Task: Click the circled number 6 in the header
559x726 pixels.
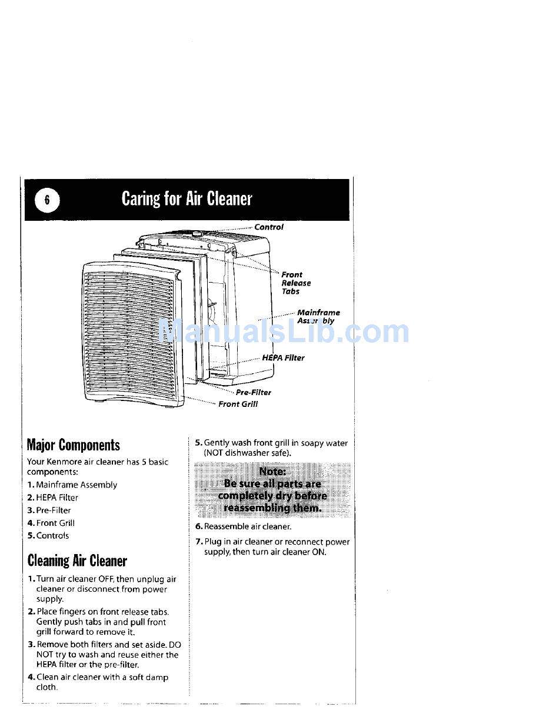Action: pyautogui.click(x=48, y=200)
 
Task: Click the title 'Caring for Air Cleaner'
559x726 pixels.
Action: pyautogui.click(x=187, y=199)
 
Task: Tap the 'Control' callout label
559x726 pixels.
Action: pyautogui.click(x=269, y=227)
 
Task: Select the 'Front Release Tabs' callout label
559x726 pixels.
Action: pyautogui.click(x=295, y=283)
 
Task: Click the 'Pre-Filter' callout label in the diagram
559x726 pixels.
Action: pyautogui.click(x=254, y=393)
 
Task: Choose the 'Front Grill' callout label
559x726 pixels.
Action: pyautogui.click(x=238, y=405)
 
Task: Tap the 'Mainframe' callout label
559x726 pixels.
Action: pyautogui.click(x=318, y=313)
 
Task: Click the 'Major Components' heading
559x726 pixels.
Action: pyautogui.click(x=74, y=445)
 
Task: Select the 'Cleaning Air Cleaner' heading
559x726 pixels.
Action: pyautogui.click(x=77, y=561)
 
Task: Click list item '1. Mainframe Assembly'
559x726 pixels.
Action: pyautogui.click(x=72, y=485)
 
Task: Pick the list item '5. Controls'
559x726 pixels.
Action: pyautogui.click(x=48, y=536)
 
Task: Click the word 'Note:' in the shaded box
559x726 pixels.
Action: pyautogui.click(x=272, y=472)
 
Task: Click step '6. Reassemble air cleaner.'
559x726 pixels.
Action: pyautogui.click(x=244, y=527)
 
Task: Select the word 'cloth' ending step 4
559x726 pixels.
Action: pyautogui.click(x=46, y=688)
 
